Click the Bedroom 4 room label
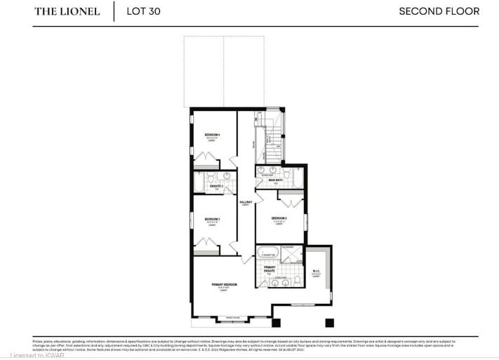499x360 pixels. pos(213,135)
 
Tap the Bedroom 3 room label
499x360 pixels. pos(213,220)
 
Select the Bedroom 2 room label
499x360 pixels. pos(280,218)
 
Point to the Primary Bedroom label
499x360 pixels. pos(225,284)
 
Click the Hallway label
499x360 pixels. pos(246,202)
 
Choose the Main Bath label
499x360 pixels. pos(276,180)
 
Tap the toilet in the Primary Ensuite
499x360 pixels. pos(298,279)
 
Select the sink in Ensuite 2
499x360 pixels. pos(227,177)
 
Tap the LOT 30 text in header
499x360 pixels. pos(143,11)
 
